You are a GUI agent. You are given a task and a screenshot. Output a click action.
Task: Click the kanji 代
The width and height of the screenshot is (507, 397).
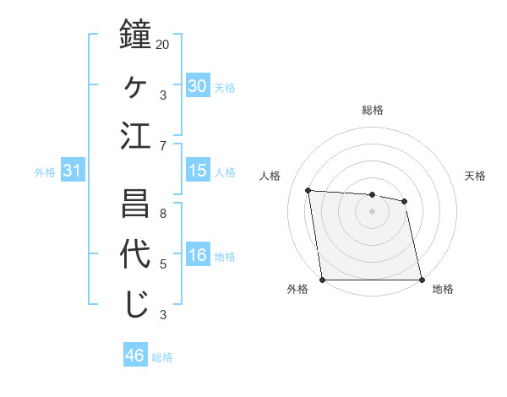(136, 254)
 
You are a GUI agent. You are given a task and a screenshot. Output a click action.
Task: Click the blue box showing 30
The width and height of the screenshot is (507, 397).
(198, 85)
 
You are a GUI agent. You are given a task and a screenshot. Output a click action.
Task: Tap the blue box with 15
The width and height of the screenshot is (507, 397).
(198, 171)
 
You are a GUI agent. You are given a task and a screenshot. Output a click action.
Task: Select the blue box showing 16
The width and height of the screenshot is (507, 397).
(198, 255)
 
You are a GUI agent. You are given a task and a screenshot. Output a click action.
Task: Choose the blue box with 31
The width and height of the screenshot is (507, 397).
(73, 171)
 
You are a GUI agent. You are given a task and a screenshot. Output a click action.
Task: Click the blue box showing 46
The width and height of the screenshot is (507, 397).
(135, 356)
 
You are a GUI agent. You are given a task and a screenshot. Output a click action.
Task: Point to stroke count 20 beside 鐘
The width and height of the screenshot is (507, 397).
(163, 43)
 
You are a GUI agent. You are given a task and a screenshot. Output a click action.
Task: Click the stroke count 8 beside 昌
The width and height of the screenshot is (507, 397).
(163, 213)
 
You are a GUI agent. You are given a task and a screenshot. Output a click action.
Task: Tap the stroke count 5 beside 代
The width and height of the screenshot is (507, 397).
(163, 264)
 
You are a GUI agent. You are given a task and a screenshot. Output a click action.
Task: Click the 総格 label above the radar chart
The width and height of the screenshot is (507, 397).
(373, 110)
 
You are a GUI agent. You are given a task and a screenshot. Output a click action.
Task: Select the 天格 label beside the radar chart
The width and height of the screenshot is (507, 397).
(475, 176)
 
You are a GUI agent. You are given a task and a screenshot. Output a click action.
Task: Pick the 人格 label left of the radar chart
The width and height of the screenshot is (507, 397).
(270, 176)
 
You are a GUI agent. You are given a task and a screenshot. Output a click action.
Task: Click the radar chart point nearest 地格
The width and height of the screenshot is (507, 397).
(421, 280)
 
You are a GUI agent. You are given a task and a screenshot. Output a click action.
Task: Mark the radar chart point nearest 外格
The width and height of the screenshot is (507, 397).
(323, 280)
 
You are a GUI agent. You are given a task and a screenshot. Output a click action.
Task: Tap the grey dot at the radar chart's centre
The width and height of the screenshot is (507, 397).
(372, 211)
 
